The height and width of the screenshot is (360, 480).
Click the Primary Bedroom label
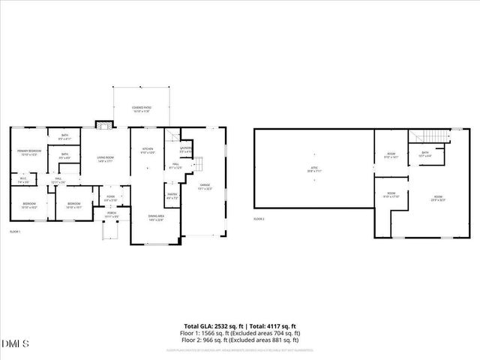28,153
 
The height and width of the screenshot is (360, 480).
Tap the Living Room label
104,158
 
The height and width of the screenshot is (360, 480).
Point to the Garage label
204,186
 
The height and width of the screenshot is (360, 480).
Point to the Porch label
112,214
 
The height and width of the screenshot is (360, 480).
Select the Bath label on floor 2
424,154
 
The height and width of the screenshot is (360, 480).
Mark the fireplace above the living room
103,124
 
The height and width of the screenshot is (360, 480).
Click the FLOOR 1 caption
15,232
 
